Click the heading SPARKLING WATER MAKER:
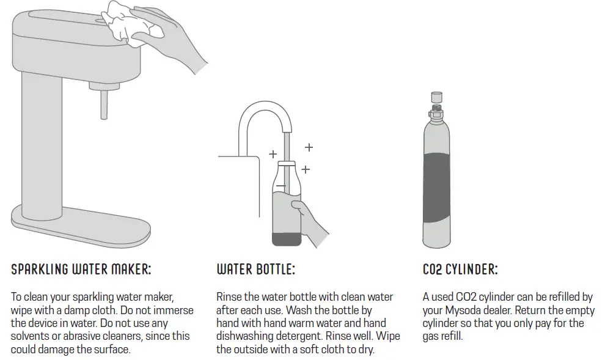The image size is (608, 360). click(81, 270)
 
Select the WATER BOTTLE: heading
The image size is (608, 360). click(255, 270)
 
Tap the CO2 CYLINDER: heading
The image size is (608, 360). click(460, 270)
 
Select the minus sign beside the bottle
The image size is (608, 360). click(280, 185)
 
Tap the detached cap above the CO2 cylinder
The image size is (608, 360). click(437, 96)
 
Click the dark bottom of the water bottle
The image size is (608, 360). click(285, 237)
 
